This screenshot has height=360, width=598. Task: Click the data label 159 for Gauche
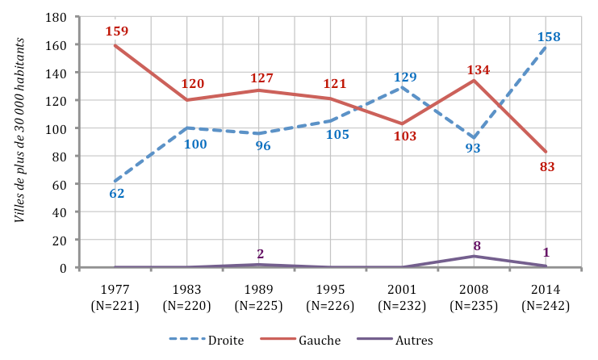pyautogui.click(x=117, y=31)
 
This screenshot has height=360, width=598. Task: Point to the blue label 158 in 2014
pyautogui.click(x=547, y=36)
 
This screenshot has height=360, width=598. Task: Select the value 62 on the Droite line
pyautogui.click(x=117, y=193)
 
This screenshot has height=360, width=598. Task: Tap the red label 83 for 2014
pyautogui.click(x=547, y=167)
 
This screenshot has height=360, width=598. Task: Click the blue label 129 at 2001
pyautogui.click(x=404, y=77)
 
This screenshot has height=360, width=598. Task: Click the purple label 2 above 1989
pyautogui.click(x=261, y=253)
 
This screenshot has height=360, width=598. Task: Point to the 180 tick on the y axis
pyautogui.click(x=56, y=17)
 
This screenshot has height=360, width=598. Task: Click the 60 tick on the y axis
pyautogui.click(x=59, y=184)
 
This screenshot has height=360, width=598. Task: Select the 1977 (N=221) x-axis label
pyautogui.click(x=116, y=297)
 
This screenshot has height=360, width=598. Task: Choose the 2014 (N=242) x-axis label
pyautogui.click(x=546, y=297)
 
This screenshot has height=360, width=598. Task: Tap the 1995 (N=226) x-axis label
pyautogui.click(x=332, y=297)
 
